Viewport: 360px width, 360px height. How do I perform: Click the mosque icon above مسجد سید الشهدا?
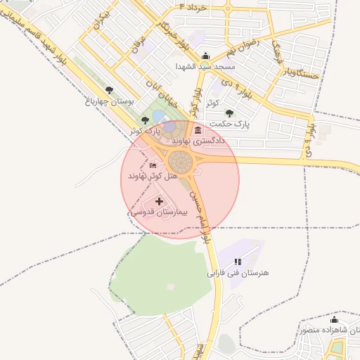pyautogui.click(x=205, y=56)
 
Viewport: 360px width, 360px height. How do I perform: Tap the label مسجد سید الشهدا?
pyautogui.click(x=205, y=67)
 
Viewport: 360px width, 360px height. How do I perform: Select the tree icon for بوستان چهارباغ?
pyautogui.click(x=109, y=90)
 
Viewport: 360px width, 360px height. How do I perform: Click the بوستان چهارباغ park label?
pyautogui.click(x=110, y=101)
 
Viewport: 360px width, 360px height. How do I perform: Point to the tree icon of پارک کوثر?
pyautogui.click(x=145, y=120)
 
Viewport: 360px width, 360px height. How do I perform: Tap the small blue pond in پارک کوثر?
pyautogui.click(x=159, y=116)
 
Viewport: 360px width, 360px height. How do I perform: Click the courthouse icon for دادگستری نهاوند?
pyautogui.click(x=198, y=131)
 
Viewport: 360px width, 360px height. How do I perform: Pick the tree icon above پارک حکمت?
pyautogui.click(x=229, y=112)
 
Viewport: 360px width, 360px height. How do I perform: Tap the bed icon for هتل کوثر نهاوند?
pyautogui.click(x=154, y=165)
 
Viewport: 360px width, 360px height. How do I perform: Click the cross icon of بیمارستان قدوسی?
pyautogui.click(x=158, y=201)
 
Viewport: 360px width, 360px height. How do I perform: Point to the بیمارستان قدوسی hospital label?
pyautogui.click(x=157, y=211)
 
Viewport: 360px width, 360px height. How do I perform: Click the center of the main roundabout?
pyautogui.click(x=181, y=163)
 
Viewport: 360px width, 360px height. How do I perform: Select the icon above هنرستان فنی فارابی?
pyautogui.click(x=238, y=262)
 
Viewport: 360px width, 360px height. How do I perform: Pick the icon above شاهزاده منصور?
pyautogui.click(x=334, y=320)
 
